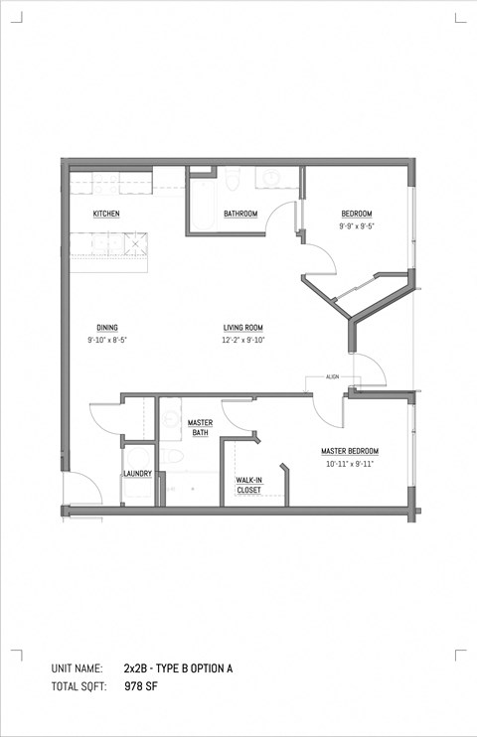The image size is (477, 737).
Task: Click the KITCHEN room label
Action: pyautogui.click(x=106, y=215)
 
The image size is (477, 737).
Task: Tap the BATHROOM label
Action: pyautogui.click(x=240, y=215)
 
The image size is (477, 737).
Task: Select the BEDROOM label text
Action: pyautogui.click(x=357, y=215)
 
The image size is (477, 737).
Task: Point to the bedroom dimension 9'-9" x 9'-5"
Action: pyautogui.click(x=357, y=226)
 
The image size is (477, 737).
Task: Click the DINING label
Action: pyautogui.click(x=107, y=328)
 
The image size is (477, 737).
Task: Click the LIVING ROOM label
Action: pyautogui.click(x=241, y=328)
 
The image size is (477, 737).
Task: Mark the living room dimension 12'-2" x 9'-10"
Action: pyautogui.click(x=241, y=340)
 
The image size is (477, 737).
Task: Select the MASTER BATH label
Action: pyautogui.click(x=201, y=428)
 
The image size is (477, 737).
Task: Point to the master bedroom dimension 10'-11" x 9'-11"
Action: pyautogui.click(x=349, y=464)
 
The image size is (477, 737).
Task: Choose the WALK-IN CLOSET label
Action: pyautogui.click(x=248, y=485)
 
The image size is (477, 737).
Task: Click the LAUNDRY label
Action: pyautogui.click(x=137, y=474)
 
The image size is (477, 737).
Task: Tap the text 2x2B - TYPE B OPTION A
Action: pyautogui.click(x=179, y=669)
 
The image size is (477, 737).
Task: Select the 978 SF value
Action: pyautogui.click(x=141, y=686)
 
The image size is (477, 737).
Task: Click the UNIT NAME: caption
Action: pyautogui.click(x=78, y=669)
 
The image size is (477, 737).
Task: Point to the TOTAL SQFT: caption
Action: pyautogui.click(x=79, y=686)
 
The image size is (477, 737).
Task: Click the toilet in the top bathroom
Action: pyautogui.click(x=231, y=179)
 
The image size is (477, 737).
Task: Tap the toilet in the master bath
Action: pyautogui.click(x=172, y=457)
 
